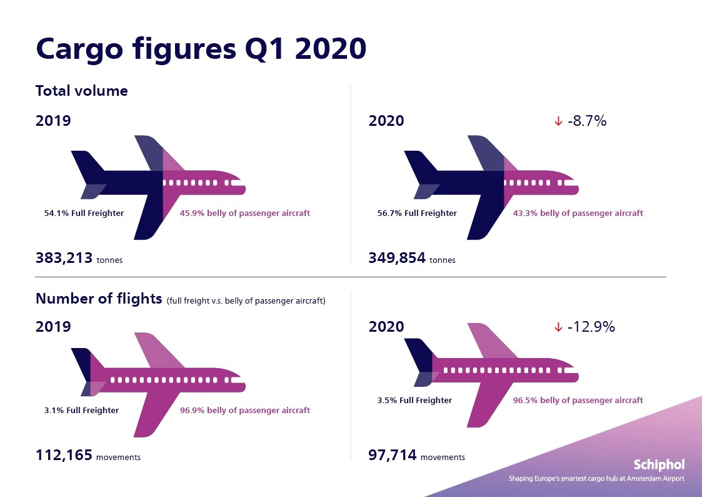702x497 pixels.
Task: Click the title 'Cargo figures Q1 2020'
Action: coord(201,49)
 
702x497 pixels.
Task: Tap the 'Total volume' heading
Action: coord(82,91)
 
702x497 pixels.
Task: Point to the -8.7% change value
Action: coord(587,121)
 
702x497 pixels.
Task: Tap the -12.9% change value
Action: coord(591,327)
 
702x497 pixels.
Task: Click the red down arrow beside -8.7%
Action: coord(558,121)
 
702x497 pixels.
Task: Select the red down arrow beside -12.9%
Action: coord(558,327)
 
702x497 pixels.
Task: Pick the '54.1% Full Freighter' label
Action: coord(84,213)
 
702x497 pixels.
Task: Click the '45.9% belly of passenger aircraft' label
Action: coord(244,213)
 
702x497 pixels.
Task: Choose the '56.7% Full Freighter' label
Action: coord(417,213)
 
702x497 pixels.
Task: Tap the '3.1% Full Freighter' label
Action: coord(81,411)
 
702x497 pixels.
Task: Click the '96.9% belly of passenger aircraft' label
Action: coord(244,411)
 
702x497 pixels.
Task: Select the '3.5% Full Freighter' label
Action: coord(414,401)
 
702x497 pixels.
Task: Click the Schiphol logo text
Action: coord(659,464)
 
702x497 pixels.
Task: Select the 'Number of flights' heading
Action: coord(99,299)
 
